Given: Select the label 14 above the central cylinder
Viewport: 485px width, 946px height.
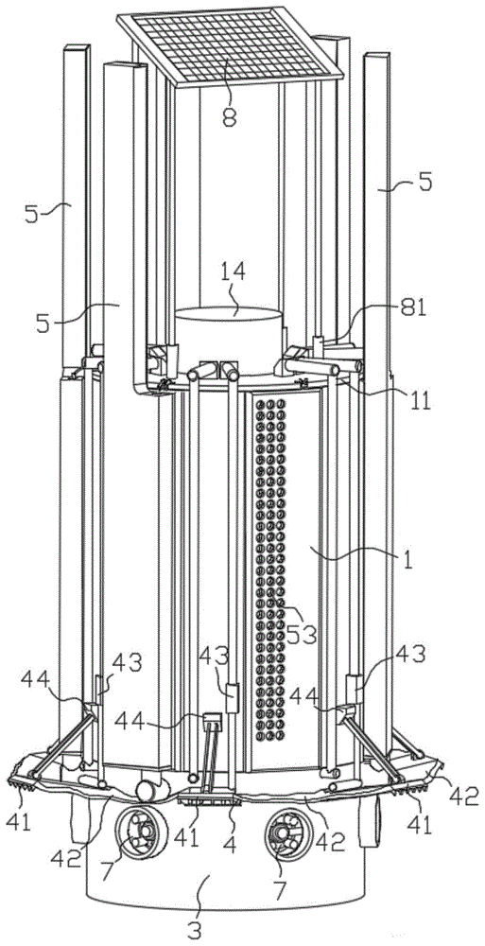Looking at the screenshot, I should [x=231, y=272].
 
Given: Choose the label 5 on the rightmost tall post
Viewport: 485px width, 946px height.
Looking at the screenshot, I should [x=424, y=182].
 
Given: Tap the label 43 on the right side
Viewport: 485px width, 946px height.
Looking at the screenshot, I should [x=410, y=654].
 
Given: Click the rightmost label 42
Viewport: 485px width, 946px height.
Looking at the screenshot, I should [x=459, y=797].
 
